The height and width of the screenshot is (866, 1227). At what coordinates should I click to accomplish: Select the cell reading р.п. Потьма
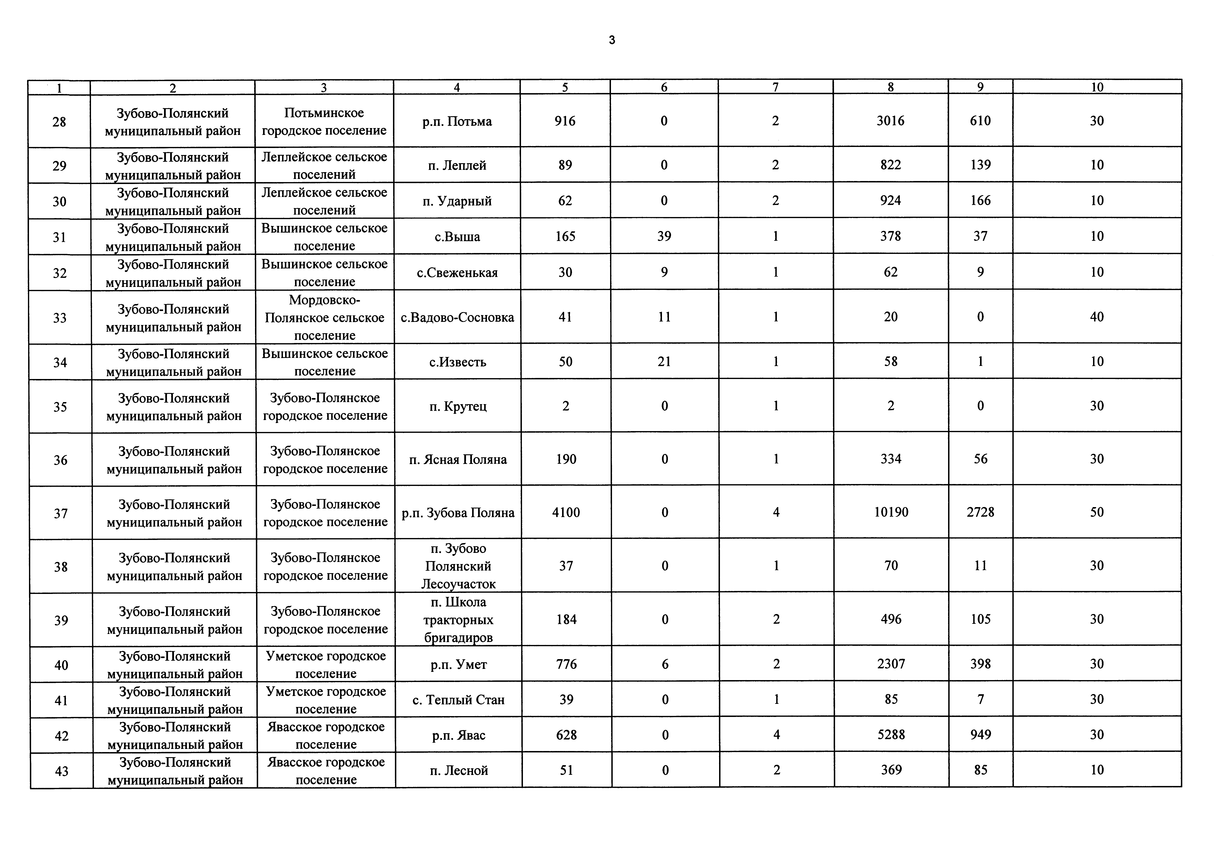point(457,121)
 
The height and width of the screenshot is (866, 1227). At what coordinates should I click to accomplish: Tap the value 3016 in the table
point(890,121)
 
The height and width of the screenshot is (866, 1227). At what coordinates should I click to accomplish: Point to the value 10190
point(891,512)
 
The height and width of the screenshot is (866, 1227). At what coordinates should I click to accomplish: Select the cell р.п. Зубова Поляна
point(458,513)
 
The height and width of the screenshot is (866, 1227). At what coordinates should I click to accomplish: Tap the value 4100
point(566,512)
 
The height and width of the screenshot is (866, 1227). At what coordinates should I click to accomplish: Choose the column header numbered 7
point(775,87)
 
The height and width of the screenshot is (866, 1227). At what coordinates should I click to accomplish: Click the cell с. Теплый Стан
point(458,700)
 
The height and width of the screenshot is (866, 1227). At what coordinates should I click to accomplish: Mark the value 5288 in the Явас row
point(891,734)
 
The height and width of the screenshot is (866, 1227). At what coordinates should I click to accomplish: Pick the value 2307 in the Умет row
point(891,664)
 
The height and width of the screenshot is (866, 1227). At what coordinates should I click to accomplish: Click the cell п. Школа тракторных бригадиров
point(458,620)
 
